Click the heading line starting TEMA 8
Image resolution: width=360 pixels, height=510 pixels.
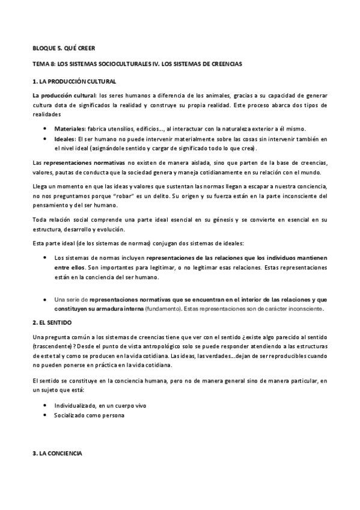pyautogui.click(x=137, y=64)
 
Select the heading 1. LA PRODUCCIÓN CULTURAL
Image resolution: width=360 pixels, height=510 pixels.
pyautogui.click(x=74, y=81)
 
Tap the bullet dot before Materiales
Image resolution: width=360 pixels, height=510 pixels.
pyautogui.click(x=46, y=129)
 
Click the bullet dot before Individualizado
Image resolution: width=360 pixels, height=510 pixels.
pyautogui.click(x=46, y=405)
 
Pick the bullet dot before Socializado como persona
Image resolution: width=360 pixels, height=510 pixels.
pyautogui.click(x=46, y=415)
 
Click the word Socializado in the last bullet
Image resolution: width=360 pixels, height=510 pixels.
pyautogui.click(x=71, y=415)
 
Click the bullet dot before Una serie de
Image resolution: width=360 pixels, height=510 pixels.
pyautogui.click(x=46, y=299)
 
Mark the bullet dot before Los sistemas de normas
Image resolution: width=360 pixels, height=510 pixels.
pyautogui.click(x=46, y=257)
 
